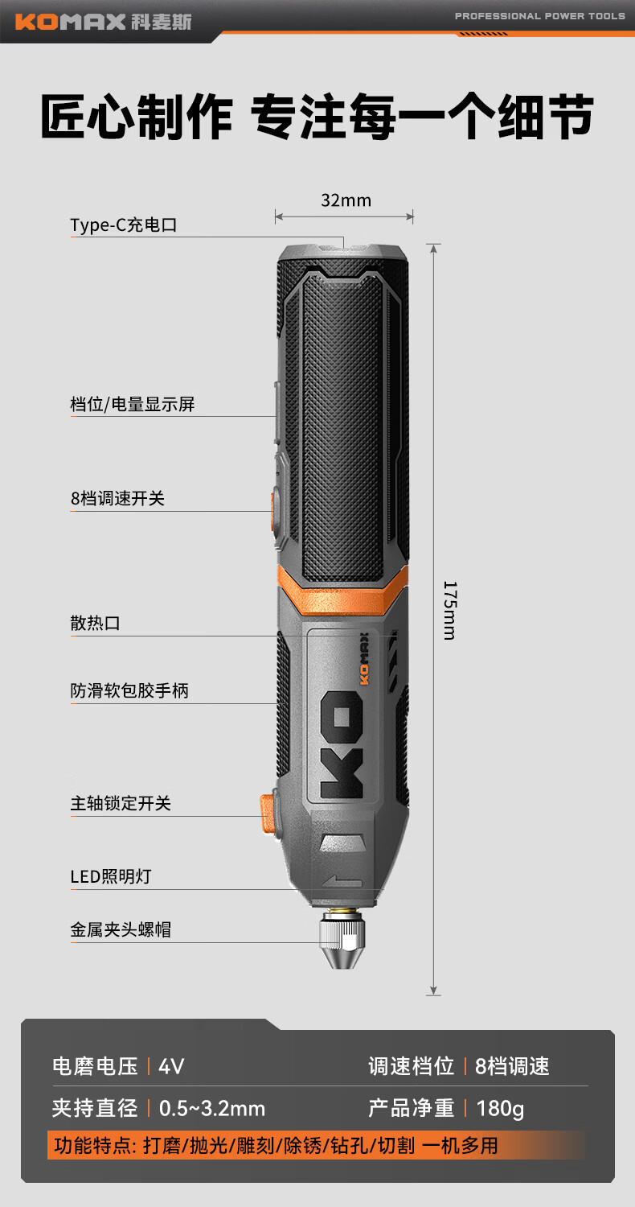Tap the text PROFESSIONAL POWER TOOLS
pyautogui.click(x=539, y=16)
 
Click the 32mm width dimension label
pyautogui.click(x=346, y=200)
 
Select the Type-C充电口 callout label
pyautogui.click(x=123, y=225)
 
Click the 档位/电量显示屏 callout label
pyautogui.click(x=133, y=404)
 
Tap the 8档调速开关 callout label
pyautogui.click(x=117, y=499)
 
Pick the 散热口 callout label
pyautogui.click(x=95, y=623)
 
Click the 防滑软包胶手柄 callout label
pyautogui.click(x=129, y=690)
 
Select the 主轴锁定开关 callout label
pyautogui.click(x=121, y=803)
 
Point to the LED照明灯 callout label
pyautogui.click(x=110, y=876)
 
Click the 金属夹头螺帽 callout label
pyautogui.click(x=121, y=930)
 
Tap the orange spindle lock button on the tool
pyautogui.click(x=266, y=813)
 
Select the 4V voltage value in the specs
pyautogui.click(x=171, y=1067)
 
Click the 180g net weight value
pyautogui.click(x=500, y=1108)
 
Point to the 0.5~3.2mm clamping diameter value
pyautogui.click(x=212, y=1108)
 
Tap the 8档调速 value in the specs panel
pyautogui.click(x=512, y=1067)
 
